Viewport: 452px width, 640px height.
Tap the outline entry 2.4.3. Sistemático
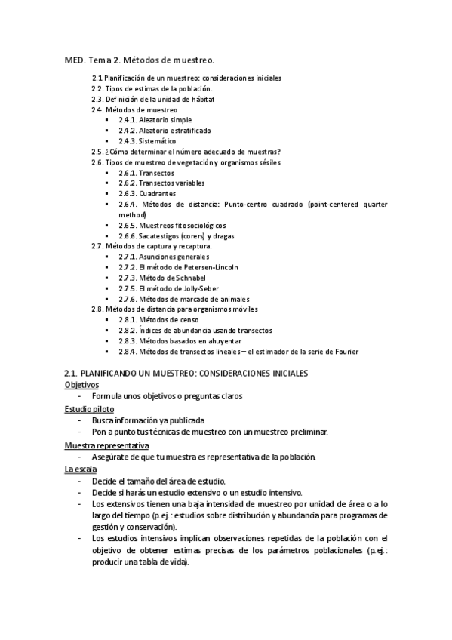147,141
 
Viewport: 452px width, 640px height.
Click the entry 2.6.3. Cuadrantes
146,193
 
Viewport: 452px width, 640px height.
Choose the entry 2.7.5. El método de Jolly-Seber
167,288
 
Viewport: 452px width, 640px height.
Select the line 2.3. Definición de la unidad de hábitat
152,99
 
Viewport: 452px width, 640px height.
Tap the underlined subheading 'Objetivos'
81,384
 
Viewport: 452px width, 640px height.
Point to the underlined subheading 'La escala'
80,469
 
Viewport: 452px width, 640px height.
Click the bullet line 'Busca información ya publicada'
148,420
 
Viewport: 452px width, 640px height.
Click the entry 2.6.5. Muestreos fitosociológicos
172,225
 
